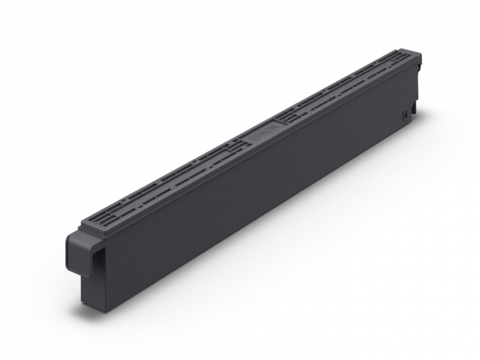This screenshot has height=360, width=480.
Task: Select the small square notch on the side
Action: [405, 112]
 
